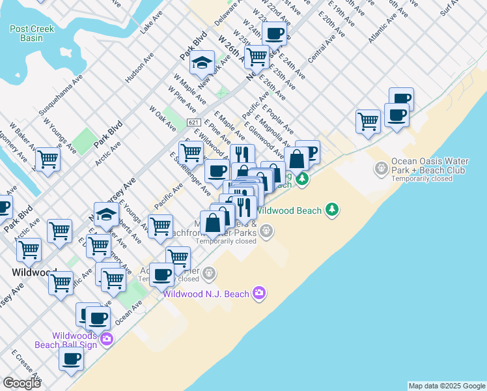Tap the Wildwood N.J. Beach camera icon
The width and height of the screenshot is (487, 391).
[x=259, y=293]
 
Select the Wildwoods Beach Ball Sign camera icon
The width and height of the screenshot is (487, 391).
[x=107, y=339]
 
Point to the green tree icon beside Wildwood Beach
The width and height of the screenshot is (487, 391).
[x=333, y=209]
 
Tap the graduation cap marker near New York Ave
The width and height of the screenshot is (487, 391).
[x=202, y=63]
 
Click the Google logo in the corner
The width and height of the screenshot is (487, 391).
[x=21, y=383]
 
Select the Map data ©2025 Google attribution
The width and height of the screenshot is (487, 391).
[x=447, y=386]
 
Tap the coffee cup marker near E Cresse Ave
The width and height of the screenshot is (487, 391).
[x=72, y=358]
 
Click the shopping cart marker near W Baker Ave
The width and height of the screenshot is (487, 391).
[x=48, y=158]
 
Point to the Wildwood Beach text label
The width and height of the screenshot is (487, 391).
[x=288, y=210]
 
